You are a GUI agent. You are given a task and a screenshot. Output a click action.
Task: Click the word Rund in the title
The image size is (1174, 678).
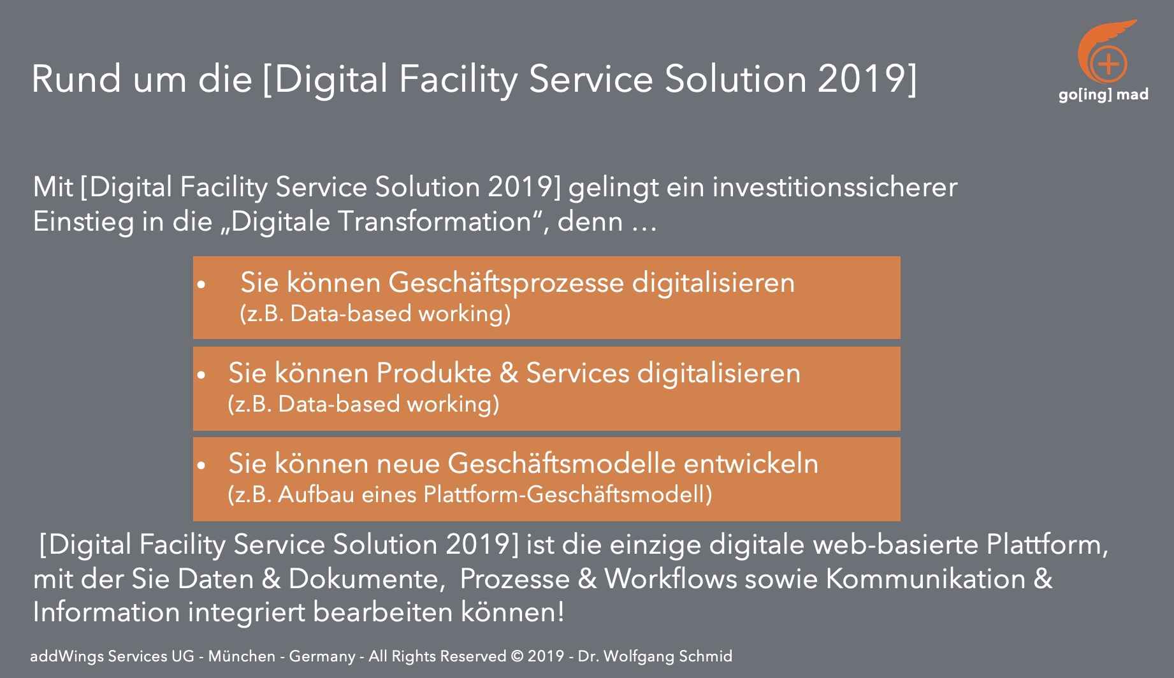pos(76,79)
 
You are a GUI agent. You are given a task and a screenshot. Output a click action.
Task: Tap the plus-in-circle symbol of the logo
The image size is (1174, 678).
pos(1108,63)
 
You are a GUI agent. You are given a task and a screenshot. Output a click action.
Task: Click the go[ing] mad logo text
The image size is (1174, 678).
pos(1103,95)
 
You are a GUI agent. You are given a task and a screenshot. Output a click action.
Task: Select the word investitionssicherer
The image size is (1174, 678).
pos(835,187)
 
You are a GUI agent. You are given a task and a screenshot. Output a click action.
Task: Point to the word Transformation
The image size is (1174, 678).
pos(435,222)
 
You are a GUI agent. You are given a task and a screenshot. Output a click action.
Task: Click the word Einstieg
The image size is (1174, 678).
pos(83,222)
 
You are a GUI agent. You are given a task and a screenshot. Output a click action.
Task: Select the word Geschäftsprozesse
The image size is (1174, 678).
pos(506,284)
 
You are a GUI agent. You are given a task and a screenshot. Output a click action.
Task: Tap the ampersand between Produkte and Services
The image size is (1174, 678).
pos(509,373)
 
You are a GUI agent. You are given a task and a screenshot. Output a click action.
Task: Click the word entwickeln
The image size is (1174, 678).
pos(751,464)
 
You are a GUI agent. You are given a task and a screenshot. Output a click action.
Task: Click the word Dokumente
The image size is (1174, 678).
pos(363,579)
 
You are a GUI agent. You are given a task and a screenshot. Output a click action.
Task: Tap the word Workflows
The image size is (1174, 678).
pos(670,579)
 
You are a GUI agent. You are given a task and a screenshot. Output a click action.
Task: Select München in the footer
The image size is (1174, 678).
pos(242,656)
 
